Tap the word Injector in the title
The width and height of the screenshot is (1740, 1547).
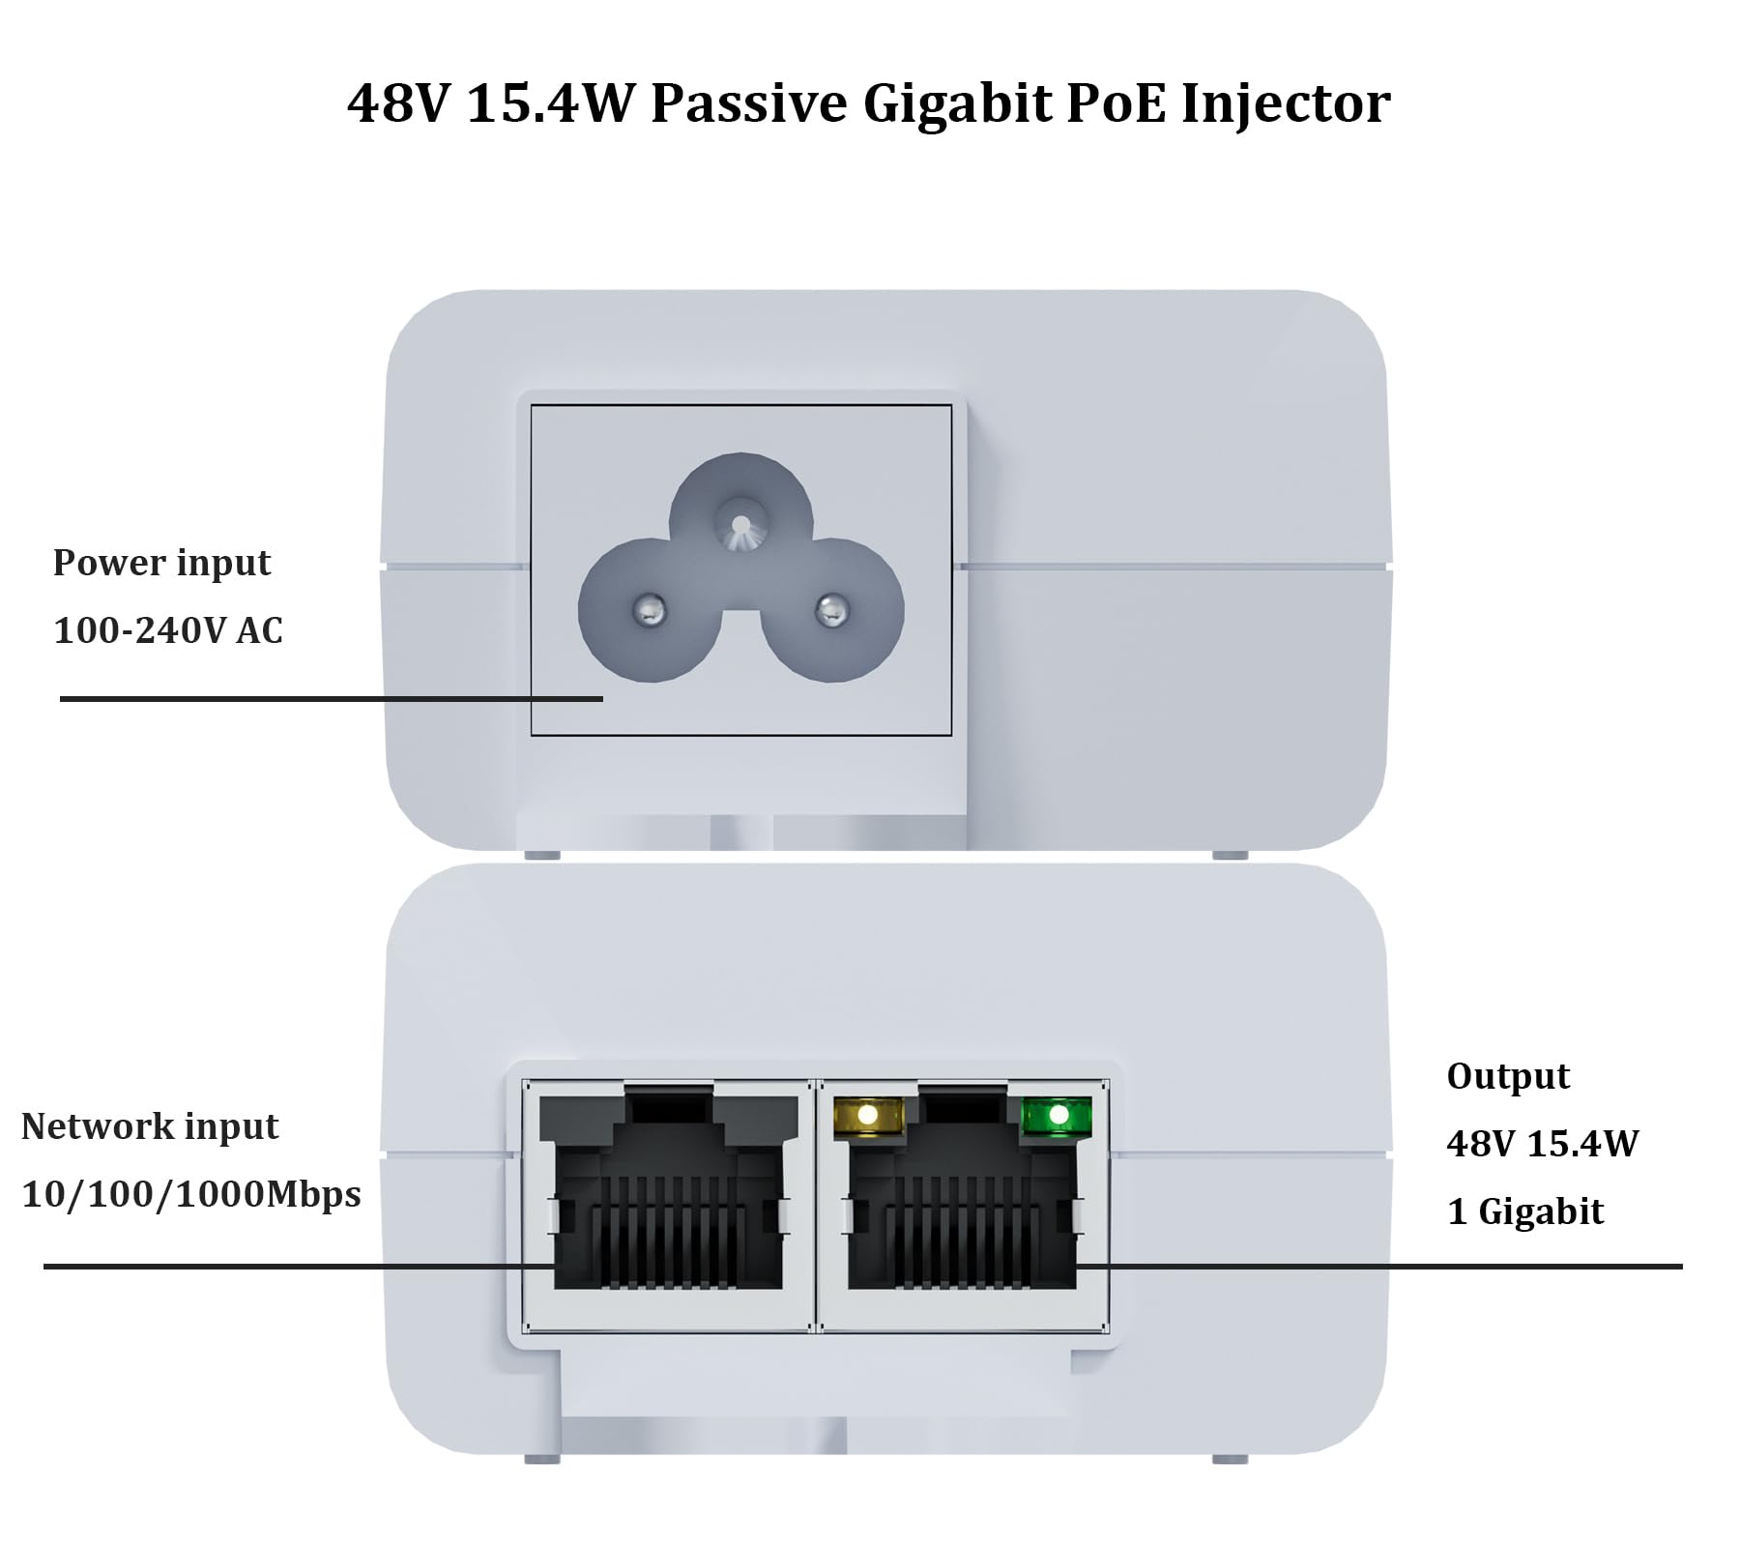[x=1286, y=104]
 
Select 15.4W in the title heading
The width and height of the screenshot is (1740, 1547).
[x=548, y=102]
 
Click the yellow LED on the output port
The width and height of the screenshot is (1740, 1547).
[x=867, y=1115]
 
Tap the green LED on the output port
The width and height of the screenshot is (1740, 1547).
[x=1058, y=1115]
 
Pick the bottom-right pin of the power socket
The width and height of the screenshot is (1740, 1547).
[x=830, y=609]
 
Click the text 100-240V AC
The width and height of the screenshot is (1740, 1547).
[x=168, y=630]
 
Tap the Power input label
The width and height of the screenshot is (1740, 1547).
[x=161, y=563]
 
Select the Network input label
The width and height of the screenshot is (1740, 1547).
[x=150, y=1126]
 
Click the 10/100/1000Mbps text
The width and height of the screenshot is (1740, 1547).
[x=191, y=1194]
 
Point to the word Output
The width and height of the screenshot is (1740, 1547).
[x=1508, y=1076]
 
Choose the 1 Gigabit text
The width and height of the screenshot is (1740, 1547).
[x=1525, y=1211]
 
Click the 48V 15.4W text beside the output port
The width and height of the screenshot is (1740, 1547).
[x=1543, y=1144]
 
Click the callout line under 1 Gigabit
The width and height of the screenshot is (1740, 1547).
[x=1382, y=1266]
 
